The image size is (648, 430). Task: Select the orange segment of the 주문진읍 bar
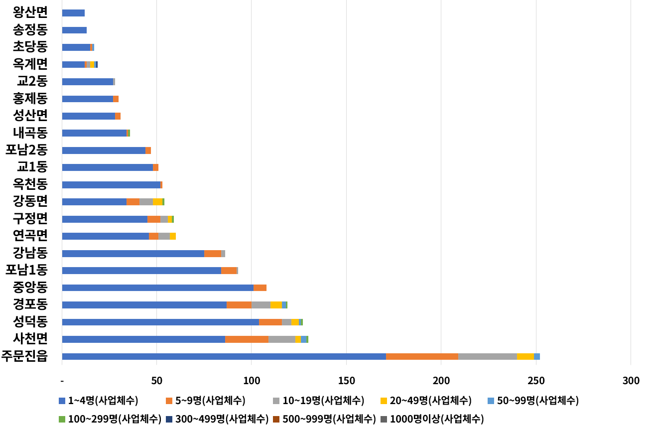(422, 356)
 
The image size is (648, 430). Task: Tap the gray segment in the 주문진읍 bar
(487, 356)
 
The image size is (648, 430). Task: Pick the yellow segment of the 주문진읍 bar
(525, 356)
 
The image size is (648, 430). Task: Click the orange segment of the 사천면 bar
(247, 339)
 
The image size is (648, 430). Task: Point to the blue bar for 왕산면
(73, 13)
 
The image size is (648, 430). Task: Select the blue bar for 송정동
(74, 30)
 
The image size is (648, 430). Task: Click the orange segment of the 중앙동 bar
(260, 287)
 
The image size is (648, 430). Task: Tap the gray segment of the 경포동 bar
(261, 305)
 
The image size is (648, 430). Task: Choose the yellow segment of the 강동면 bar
(157, 202)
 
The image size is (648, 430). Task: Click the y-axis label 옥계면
(30, 64)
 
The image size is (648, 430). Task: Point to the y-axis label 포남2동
(26, 149)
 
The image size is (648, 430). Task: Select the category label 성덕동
(30, 322)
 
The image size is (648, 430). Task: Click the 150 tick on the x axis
(346, 381)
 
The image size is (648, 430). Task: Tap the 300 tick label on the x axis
(631, 381)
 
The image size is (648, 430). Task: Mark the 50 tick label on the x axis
(156, 381)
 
